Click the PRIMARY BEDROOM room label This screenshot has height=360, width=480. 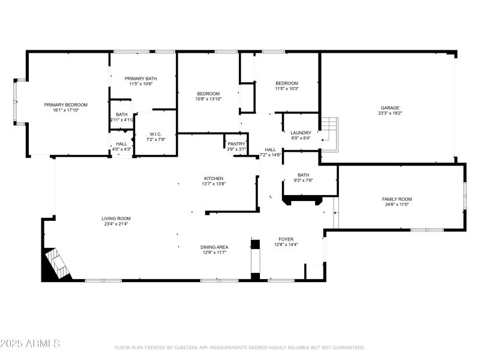pos(66,104)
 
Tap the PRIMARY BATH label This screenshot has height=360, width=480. pos(141,79)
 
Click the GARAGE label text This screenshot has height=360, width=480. pos(389,108)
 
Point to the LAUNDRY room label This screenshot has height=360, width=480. pos(301,133)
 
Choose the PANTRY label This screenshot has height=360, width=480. pos(236,144)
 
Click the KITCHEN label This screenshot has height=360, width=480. pos(214,178)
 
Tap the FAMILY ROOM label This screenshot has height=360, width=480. pos(397,199)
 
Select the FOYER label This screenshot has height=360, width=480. pos(286,239)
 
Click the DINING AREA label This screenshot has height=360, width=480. pos(214,247)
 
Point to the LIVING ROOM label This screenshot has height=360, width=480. pos(116,218)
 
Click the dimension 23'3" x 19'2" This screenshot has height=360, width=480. pos(389,113)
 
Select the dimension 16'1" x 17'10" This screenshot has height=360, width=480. pos(66,110)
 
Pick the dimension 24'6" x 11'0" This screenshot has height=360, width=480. pos(397,205)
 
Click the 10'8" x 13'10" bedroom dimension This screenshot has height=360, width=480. pos(208,98)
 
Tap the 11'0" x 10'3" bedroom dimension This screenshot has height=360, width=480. pos(287,88)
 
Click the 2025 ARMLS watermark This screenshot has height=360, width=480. pos(30,344)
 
